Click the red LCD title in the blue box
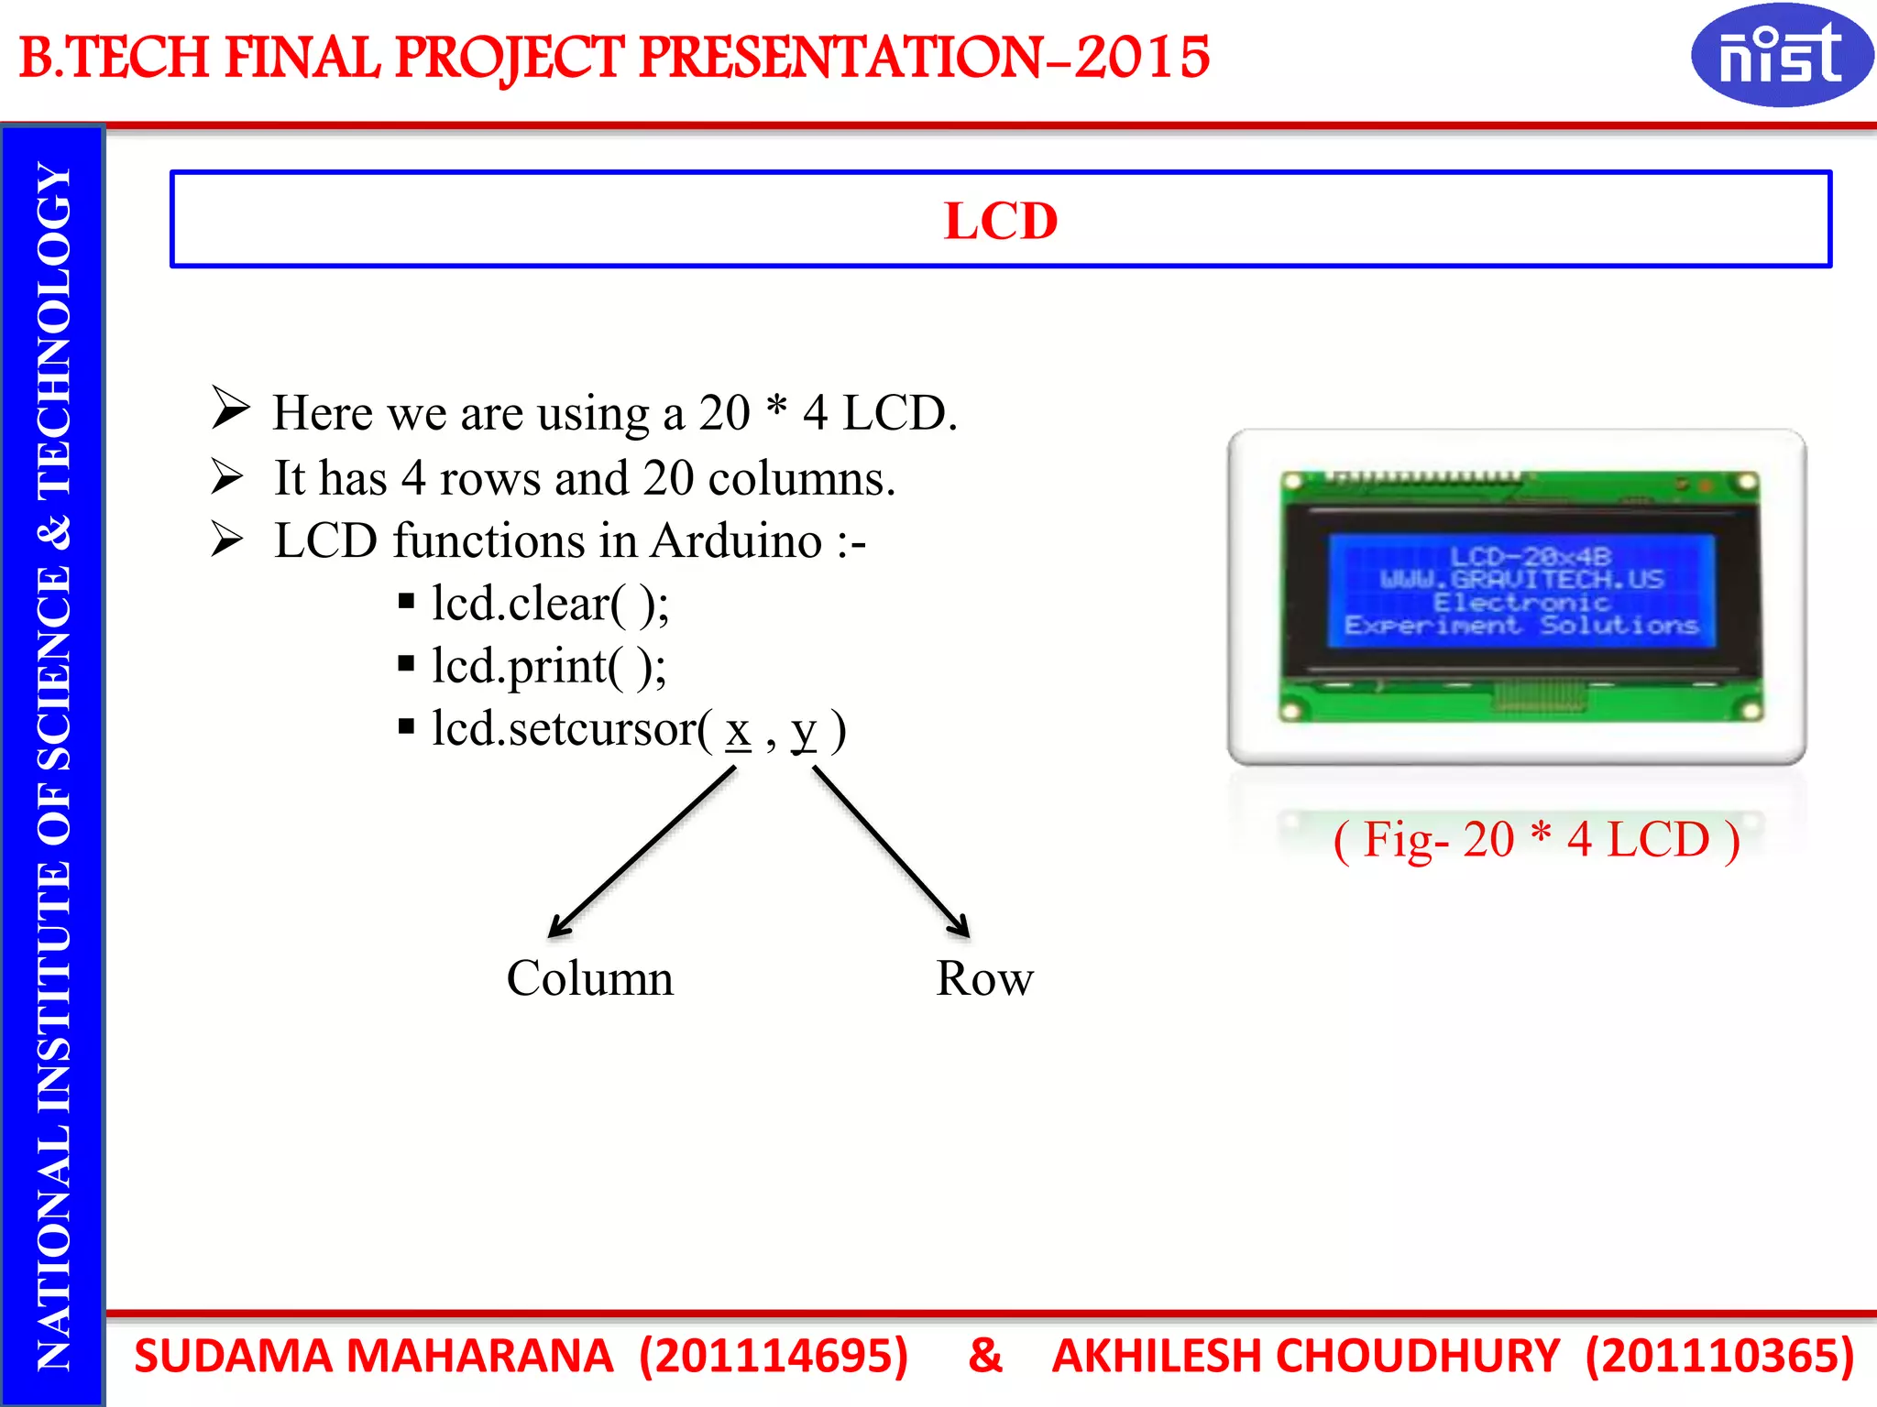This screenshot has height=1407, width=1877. (x=1001, y=221)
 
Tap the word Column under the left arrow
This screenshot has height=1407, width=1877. (x=589, y=978)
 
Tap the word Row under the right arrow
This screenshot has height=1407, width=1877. (x=984, y=978)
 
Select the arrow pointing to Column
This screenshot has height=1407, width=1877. (x=642, y=852)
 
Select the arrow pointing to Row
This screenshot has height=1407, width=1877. (x=891, y=852)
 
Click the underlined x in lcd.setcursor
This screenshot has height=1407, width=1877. (x=738, y=731)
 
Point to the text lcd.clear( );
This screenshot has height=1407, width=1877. (x=551, y=605)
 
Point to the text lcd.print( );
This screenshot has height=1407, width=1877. (x=549, y=667)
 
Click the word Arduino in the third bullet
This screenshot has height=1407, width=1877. (x=737, y=540)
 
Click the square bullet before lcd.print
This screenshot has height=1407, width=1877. (x=407, y=664)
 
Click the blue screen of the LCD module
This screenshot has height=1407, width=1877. (x=1521, y=591)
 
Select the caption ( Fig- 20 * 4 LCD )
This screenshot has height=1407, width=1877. (x=1536, y=839)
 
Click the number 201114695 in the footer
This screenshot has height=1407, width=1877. (x=774, y=1356)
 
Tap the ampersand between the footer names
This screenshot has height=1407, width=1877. (x=985, y=1355)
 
